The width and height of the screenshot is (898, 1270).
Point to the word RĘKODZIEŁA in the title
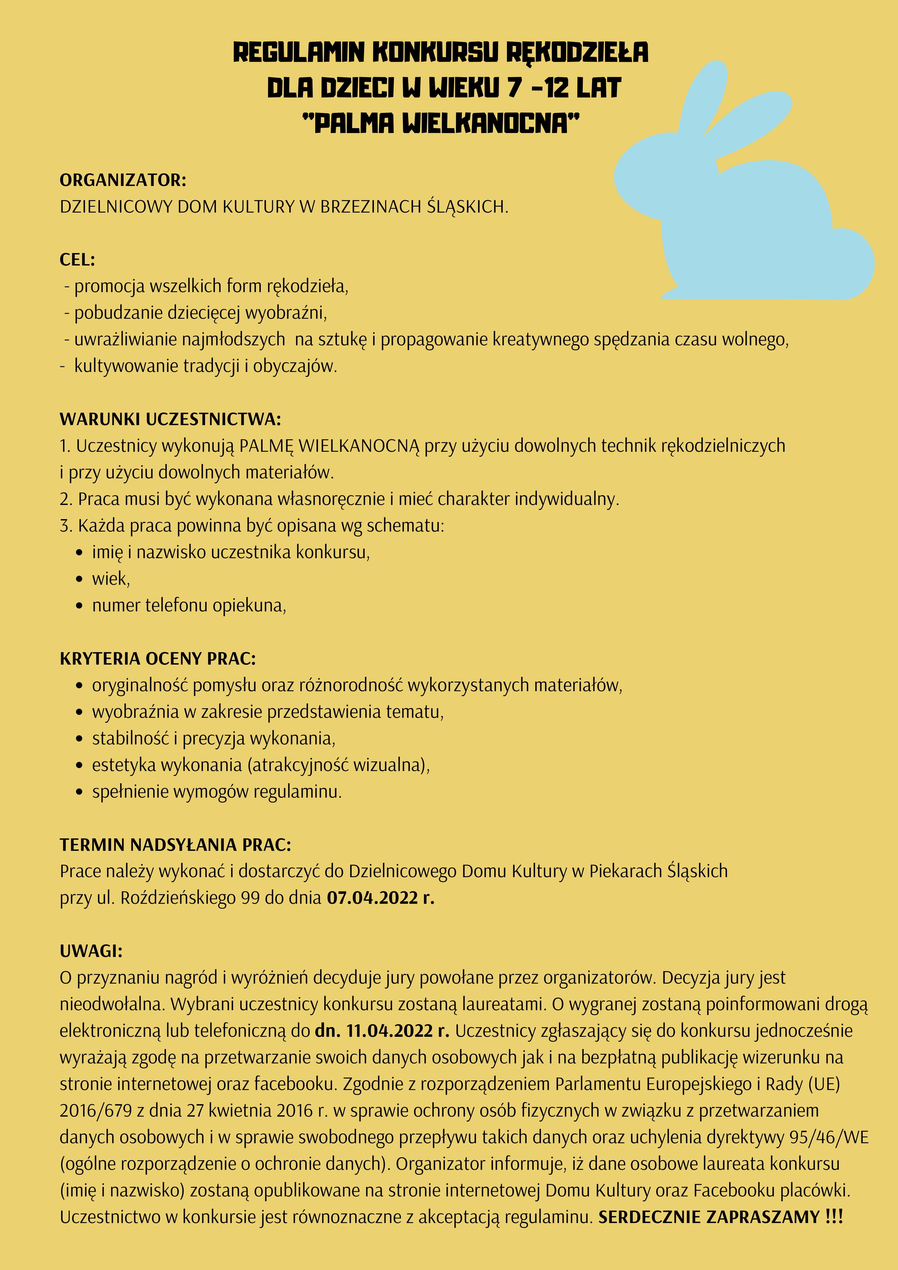576,53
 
